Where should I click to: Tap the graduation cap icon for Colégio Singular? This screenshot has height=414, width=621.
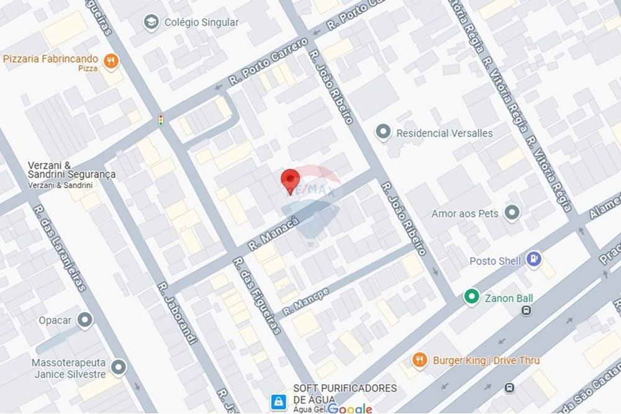point(150,23)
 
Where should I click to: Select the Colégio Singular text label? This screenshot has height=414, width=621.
point(201,22)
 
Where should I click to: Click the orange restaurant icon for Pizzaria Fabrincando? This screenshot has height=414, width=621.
point(111,60)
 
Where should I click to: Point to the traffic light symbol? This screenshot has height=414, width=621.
point(161,120)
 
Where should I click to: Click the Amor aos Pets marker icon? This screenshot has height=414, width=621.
point(512,214)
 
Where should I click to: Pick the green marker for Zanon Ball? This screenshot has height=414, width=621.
point(472,297)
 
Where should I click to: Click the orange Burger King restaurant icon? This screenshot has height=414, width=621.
point(420,360)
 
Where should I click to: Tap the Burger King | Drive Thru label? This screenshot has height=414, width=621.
point(486,361)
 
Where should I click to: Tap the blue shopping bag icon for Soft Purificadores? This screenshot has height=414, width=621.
point(278,402)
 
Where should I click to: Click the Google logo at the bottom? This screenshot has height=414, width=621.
point(350,408)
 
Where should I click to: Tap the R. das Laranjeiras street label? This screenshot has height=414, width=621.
point(60,248)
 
